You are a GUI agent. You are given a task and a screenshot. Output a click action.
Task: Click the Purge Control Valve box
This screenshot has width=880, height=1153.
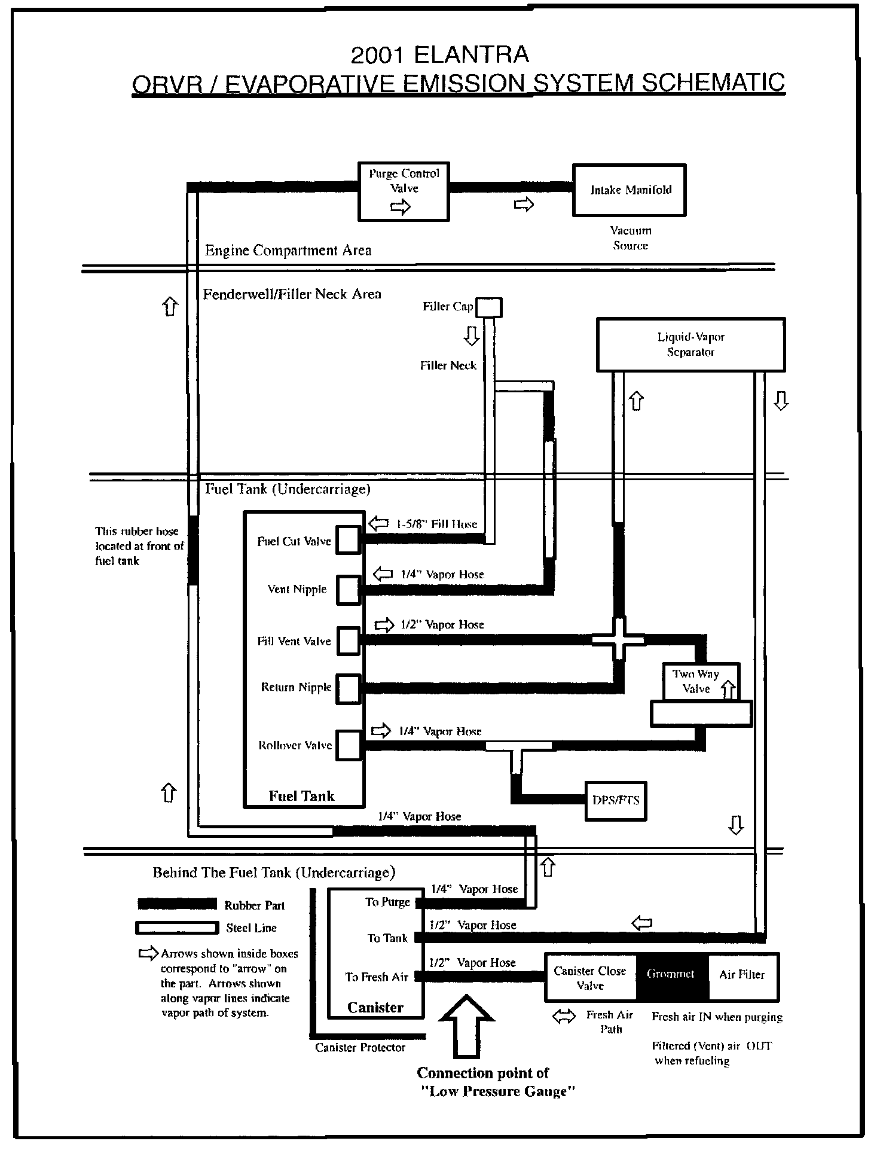pyautogui.click(x=404, y=191)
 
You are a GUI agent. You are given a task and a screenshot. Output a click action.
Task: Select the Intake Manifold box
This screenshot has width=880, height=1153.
pyautogui.click(x=630, y=190)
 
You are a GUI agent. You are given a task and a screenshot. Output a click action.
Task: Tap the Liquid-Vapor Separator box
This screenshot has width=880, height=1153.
pyautogui.click(x=690, y=344)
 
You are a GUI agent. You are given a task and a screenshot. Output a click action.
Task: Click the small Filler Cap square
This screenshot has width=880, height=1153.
pyautogui.click(x=489, y=307)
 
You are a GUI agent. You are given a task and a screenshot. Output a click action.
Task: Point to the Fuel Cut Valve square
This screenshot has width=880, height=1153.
pyautogui.click(x=348, y=540)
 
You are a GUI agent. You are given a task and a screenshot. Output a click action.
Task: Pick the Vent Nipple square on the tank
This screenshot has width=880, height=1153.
pyautogui.click(x=348, y=590)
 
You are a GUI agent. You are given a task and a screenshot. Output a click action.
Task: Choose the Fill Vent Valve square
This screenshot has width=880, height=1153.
pyautogui.click(x=348, y=640)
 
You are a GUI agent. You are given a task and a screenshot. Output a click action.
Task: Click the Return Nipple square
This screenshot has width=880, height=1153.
pyautogui.click(x=348, y=688)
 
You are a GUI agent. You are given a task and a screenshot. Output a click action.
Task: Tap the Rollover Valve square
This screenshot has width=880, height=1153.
pyautogui.click(x=349, y=745)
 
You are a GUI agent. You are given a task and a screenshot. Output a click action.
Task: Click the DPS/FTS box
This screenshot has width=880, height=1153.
pyautogui.click(x=615, y=800)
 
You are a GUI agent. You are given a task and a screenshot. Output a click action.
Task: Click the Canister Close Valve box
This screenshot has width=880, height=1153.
pyautogui.click(x=590, y=978)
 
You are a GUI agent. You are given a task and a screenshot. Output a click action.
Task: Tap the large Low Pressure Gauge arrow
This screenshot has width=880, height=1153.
pyautogui.click(x=467, y=1026)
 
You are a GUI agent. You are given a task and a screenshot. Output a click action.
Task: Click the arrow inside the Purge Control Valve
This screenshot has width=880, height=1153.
pyautogui.click(x=401, y=207)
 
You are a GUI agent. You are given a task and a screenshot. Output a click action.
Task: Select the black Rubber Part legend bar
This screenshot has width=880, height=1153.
pyautogui.click(x=177, y=904)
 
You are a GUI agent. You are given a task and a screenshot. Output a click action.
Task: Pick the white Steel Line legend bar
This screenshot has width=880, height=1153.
pyautogui.click(x=177, y=928)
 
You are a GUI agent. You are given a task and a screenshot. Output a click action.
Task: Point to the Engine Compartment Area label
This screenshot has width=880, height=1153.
pyautogui.click(x=288, y=251)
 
